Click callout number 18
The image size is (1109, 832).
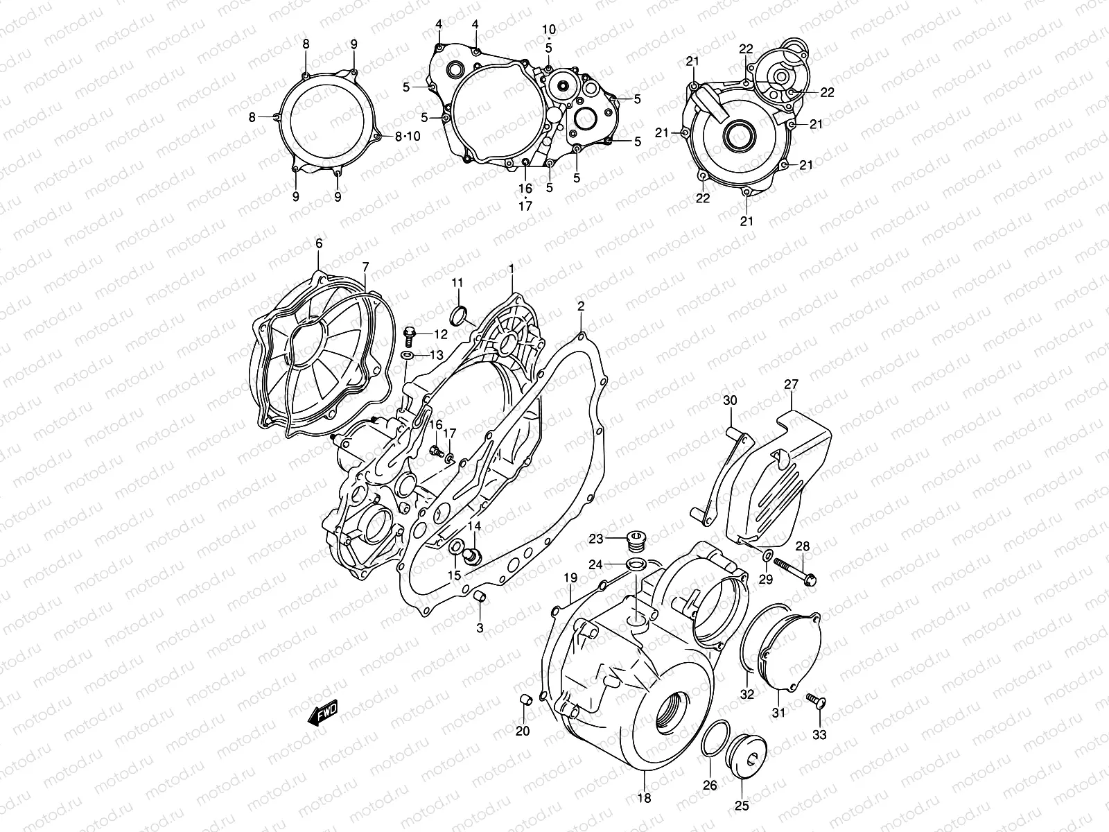pos(644,798)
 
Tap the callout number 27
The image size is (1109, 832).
pos(792,385)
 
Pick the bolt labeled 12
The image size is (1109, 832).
pos(409,336)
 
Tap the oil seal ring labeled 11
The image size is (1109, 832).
pos(458,316)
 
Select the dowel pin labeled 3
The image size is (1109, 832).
pos(479,597)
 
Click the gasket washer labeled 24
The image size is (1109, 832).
pos(637,564)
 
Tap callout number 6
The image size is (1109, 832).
pos(319,243)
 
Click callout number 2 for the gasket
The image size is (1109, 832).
pos(581,306)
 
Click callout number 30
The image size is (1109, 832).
pos(730,400)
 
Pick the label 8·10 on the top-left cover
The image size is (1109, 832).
pos(408,137)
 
